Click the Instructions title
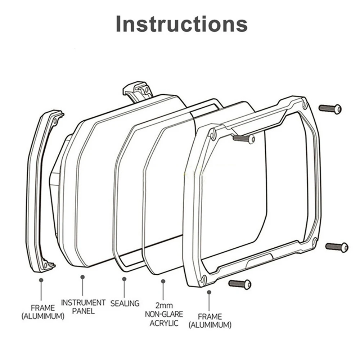point(181,24)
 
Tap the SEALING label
point(125,303)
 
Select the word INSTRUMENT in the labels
point(83,302)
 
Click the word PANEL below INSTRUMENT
point(83,311)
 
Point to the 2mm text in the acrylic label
point(164,305)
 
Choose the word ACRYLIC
point(163,323)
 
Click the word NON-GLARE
point(164,314)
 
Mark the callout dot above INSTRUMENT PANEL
point(82,277)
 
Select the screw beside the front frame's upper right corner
point(330,108)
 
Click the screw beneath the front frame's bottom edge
point(240,284)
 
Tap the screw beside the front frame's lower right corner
point(337,247)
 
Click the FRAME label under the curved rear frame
point(42,308)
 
